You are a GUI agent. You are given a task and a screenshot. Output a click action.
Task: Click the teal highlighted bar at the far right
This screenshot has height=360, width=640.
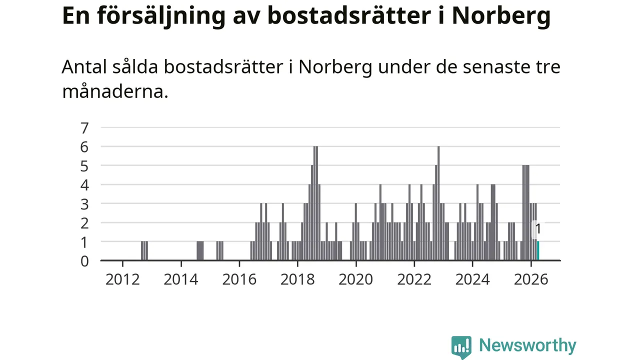coord(538,250)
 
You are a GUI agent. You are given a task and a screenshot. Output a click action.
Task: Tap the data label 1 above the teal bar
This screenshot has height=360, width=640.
coord(538,229)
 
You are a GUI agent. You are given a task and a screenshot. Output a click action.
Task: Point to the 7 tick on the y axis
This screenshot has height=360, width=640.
coord(84,128)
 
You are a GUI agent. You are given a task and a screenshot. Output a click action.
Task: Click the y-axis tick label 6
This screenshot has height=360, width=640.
coord(84,147)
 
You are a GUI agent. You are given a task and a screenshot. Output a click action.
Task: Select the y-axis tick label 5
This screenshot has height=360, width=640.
coord(84,166)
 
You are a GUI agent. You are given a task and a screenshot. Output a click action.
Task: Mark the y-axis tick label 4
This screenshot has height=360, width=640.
coord(84,185)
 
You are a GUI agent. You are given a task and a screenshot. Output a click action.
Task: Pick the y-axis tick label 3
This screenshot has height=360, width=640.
coord(84,204)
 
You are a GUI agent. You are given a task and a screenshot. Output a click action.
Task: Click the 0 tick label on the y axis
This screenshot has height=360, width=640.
coord(84,261)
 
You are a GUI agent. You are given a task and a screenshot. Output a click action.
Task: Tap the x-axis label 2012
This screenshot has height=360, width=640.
coord(122,279)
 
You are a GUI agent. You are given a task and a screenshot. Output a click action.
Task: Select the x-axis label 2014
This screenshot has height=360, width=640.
coord(181,279)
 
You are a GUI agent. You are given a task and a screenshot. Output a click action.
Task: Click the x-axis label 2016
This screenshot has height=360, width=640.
coord(239,279)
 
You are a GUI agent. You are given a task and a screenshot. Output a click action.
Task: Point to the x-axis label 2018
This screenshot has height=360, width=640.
coord(297,279)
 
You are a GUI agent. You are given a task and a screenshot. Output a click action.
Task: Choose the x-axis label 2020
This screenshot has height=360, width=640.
coord(356,279)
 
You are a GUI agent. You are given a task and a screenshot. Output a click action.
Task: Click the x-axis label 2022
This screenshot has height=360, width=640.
coord(414,279)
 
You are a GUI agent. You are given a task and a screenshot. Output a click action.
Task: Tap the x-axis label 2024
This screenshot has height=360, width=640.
coord(472,279)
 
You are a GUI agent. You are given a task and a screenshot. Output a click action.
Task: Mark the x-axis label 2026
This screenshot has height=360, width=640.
coord(531,279)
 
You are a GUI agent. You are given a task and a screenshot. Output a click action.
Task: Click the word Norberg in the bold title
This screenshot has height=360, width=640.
coord(501,16)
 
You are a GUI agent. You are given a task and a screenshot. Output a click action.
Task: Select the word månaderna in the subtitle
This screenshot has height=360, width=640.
coord(115,91)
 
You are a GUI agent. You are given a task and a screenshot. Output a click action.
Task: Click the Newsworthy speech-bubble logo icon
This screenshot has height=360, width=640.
coord(461,347)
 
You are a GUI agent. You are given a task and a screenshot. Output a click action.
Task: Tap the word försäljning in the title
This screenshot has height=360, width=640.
coord(161,16)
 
